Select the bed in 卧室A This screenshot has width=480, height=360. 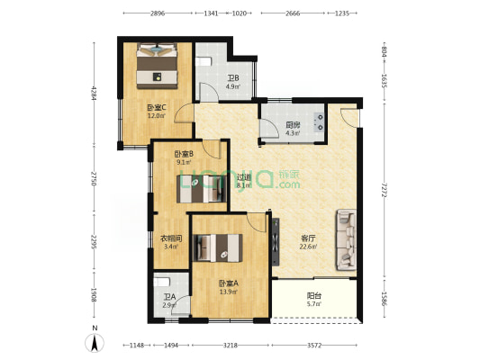(220, 246)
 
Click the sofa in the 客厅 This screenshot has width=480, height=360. (347, 238)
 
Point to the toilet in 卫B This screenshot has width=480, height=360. (206, 61)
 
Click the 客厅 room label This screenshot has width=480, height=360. (308, 238)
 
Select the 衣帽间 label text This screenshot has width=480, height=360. (171, 238)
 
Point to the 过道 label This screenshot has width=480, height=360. (243, 176)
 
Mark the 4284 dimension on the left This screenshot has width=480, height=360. (93, 94)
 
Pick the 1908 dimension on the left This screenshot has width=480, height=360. (93, 295)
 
